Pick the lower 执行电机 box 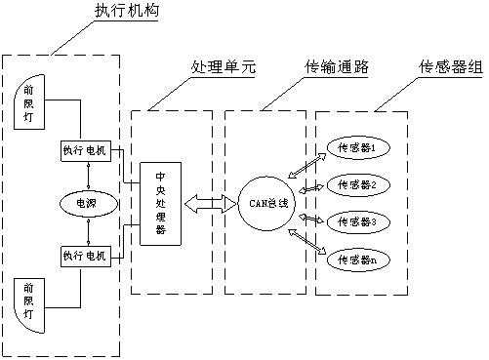tap(87, 255)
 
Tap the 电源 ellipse tap(87, 202)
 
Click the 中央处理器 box tap(161, 202)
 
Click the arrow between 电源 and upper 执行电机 tap(87, 175)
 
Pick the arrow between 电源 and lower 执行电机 tap(87, 229)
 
